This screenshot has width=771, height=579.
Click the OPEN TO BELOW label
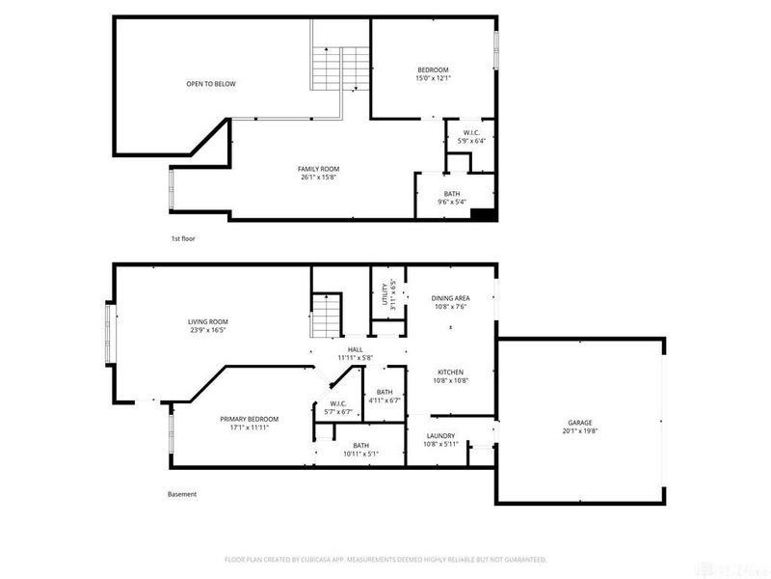[210, 84]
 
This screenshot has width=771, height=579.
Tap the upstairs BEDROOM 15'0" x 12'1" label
[433, 73]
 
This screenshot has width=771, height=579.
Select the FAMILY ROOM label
[317, 173]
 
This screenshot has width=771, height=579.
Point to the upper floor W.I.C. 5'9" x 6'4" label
[472, 136]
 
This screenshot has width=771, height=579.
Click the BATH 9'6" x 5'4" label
[452, 198]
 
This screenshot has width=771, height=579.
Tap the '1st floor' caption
[183, 237]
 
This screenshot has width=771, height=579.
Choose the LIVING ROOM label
[207, 326]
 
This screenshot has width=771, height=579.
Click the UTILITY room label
[386, 295]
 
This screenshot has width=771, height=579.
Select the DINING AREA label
[449, 303]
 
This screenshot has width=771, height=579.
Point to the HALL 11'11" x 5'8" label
[355, 354]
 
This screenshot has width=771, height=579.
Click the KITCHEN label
[451, 376]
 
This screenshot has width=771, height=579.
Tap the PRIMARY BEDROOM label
[249, 423]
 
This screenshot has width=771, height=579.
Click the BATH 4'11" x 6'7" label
[385, 396]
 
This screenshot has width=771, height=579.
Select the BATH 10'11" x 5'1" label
[360, 449]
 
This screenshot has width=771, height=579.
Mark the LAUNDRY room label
[440, 440]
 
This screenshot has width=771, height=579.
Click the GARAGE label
[579, 427]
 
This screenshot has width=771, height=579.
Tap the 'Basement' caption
[182, 494]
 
